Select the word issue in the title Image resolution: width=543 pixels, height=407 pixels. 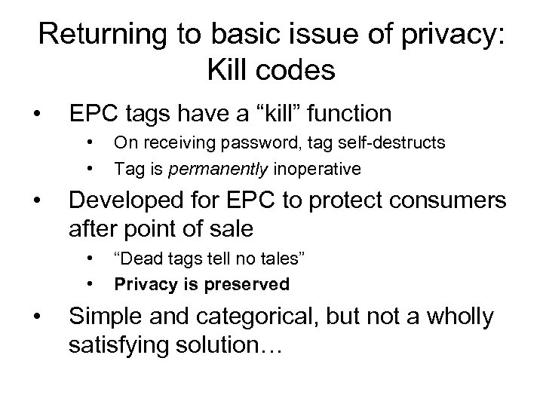point(321,33)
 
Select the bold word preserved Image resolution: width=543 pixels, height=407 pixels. point(254,284)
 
